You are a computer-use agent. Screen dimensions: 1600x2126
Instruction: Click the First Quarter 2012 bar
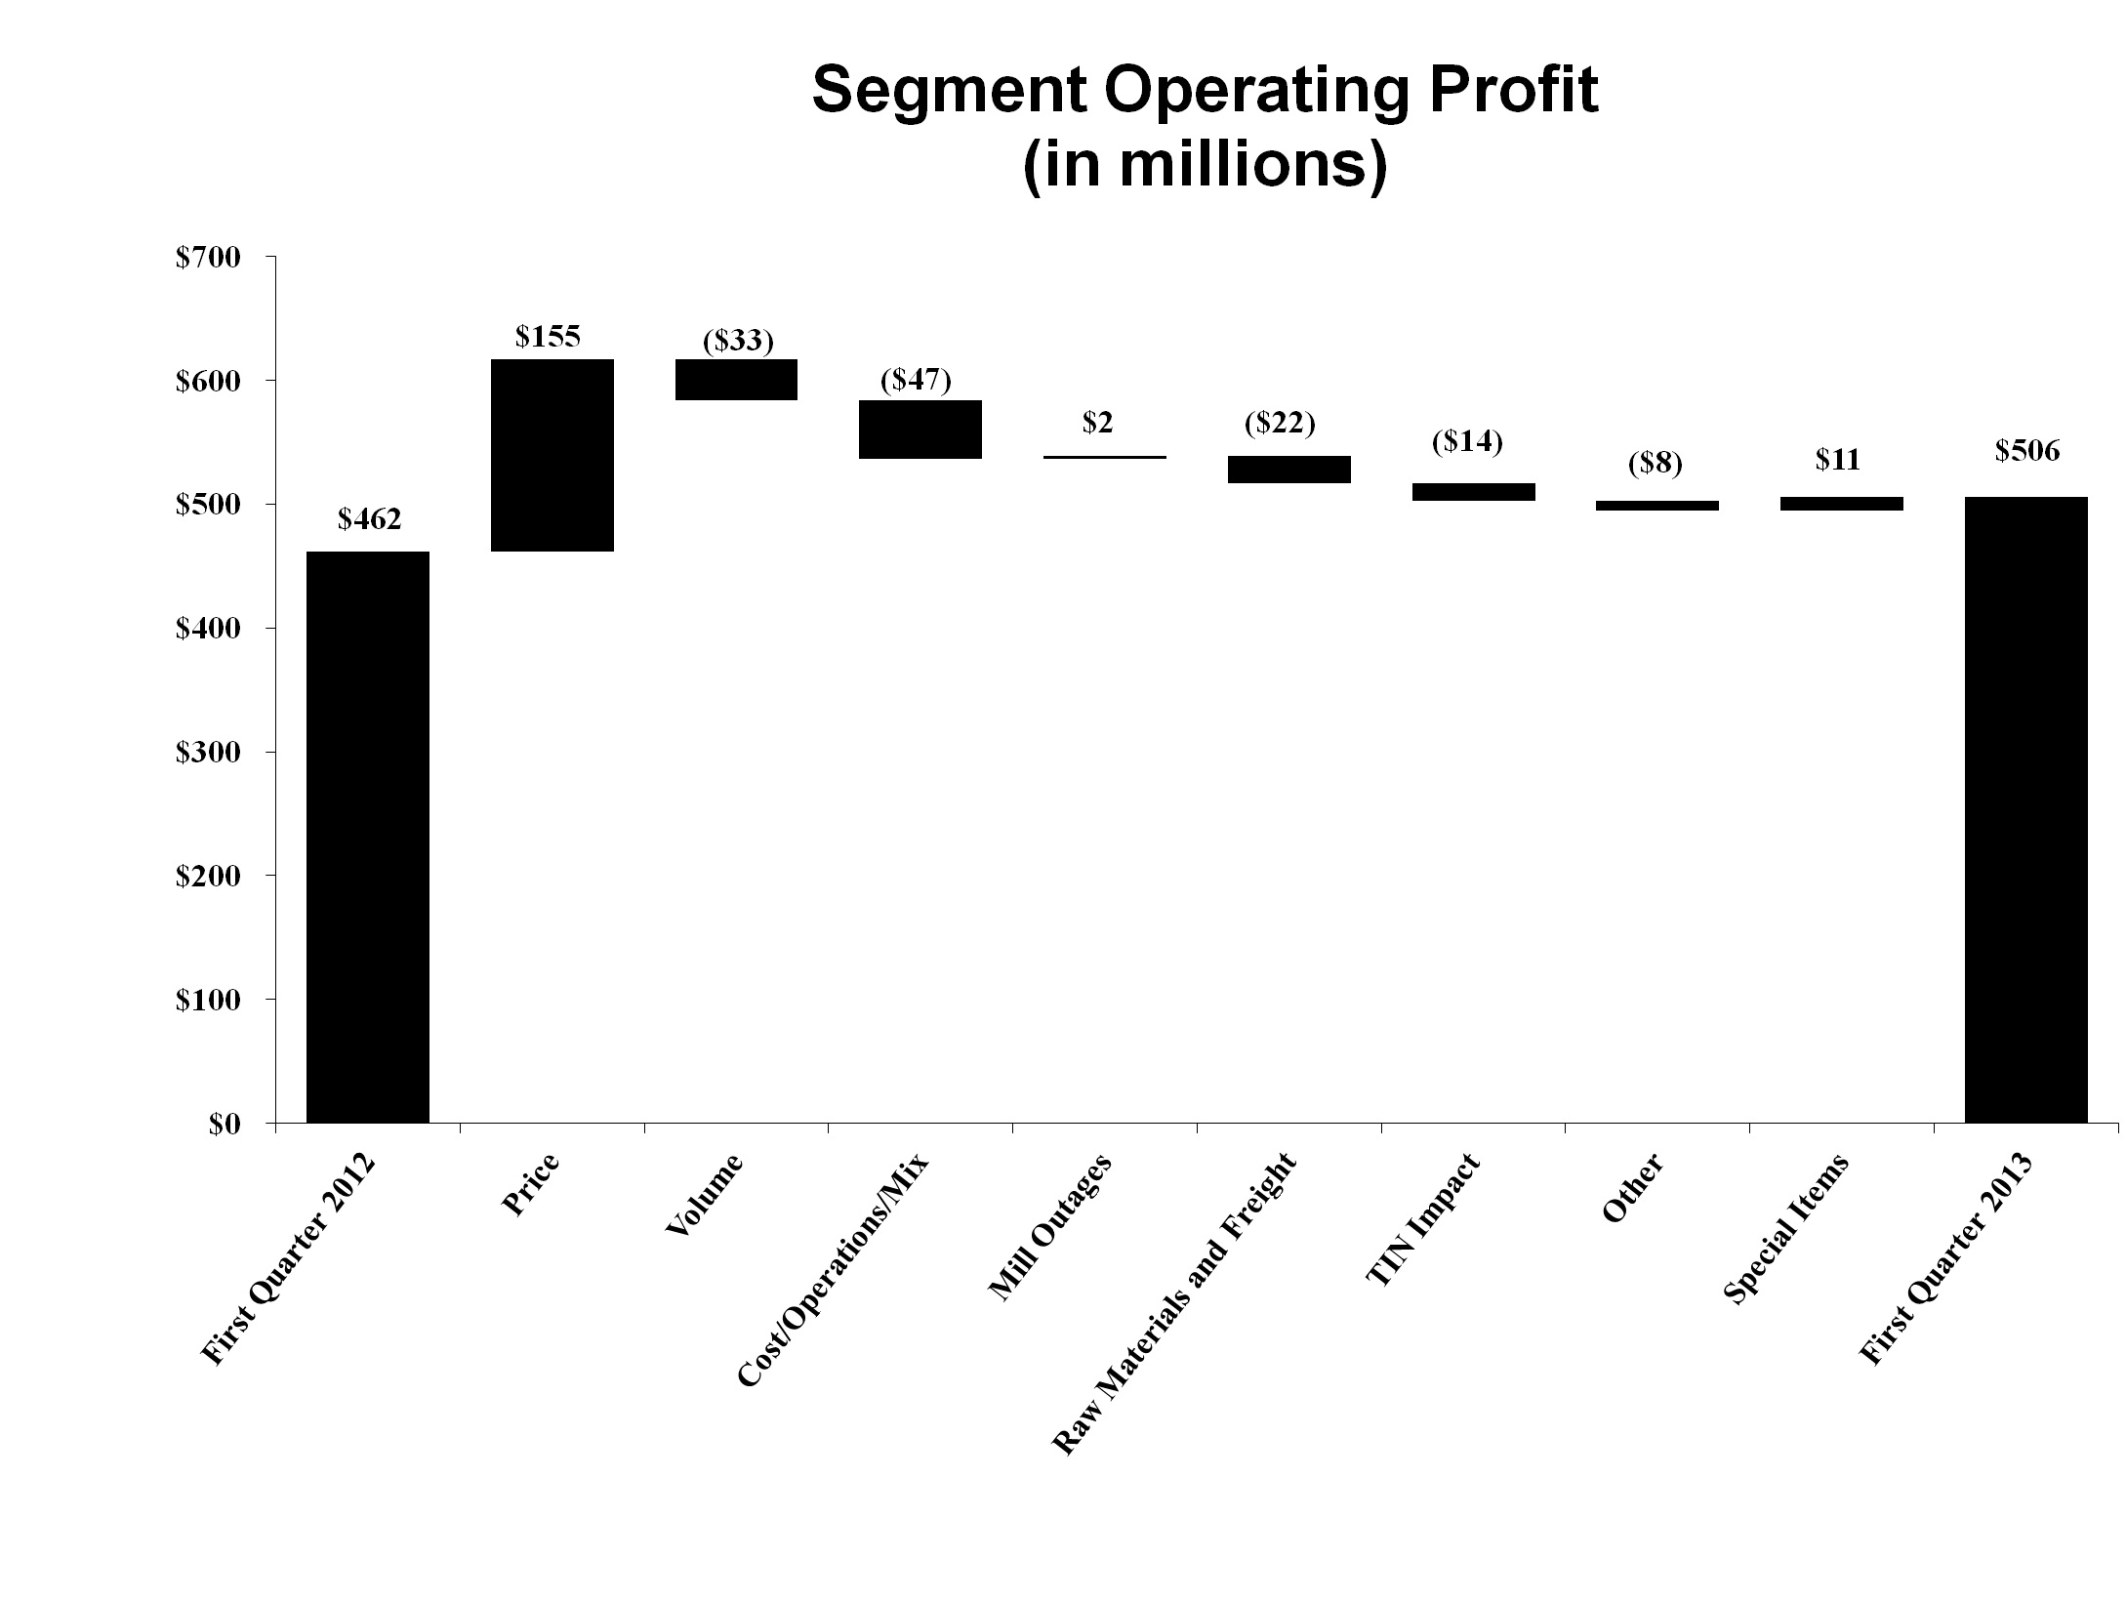click(368, 837)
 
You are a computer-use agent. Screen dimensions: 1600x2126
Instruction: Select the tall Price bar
click(552, 455)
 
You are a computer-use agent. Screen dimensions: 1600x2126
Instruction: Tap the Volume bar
click(736, 380)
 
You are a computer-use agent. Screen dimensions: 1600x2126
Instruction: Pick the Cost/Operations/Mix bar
click(920, 429)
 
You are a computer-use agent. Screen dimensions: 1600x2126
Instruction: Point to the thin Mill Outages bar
click(1104, 457)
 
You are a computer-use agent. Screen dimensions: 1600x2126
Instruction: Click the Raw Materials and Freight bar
click(1288, 470)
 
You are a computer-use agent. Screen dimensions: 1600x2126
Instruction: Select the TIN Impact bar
click(1472, 492)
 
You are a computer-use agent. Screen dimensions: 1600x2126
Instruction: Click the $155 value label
click(548, 337)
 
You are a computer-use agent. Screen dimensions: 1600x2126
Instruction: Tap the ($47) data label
click(916, 380)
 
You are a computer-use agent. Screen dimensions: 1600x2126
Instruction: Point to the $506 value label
click(2026, 451)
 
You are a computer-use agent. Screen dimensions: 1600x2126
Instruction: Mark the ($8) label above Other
click(1655, 464)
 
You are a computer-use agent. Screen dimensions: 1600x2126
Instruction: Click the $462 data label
click(369, 519)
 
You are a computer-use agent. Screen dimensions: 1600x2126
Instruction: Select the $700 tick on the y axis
click(207, 258)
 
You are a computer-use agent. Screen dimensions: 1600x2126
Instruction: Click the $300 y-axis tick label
click(207, 753)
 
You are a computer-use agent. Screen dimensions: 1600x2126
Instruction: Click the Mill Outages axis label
click(1048, 1228)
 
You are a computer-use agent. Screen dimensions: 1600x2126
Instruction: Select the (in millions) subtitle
click(1205, 166)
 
